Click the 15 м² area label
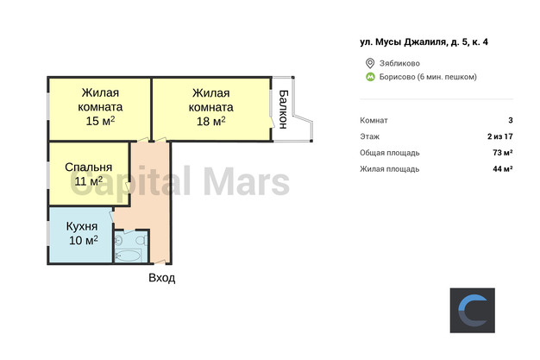100,121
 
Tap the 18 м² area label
211,121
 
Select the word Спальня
89,167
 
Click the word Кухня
82,226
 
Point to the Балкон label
283,110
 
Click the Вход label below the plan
162,278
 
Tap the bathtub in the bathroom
128,256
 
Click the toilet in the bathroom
141,240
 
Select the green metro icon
370,77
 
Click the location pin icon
370,63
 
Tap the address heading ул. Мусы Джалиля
403,42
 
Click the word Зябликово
399,63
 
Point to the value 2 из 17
500,136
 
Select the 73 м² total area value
503,153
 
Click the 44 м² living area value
503,169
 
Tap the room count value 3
511,120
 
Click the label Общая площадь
390,153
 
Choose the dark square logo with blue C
473,310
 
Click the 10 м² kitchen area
84,240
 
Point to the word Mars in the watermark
247,182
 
